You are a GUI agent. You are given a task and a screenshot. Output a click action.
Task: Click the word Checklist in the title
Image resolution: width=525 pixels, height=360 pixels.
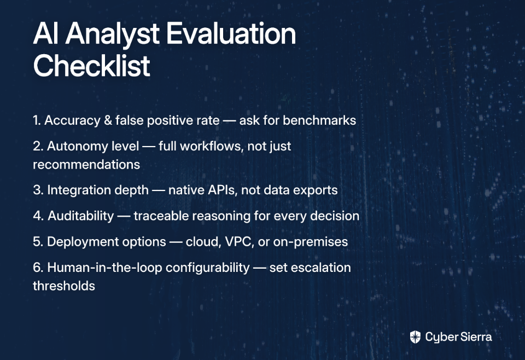(92, 65)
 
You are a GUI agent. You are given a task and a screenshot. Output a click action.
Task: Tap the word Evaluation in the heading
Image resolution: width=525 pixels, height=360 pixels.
(231, 33)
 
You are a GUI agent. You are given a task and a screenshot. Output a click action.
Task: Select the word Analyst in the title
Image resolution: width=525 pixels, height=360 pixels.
(113, 34)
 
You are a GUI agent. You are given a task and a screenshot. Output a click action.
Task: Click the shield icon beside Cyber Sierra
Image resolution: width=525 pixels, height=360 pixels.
(415, 337)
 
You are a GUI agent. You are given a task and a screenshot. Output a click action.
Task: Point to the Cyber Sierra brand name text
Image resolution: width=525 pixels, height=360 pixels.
(458, 337)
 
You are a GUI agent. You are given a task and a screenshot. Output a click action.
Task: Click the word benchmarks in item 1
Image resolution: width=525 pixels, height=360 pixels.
(319, 120)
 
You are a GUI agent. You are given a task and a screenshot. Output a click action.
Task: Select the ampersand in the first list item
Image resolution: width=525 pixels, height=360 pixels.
(108, 120)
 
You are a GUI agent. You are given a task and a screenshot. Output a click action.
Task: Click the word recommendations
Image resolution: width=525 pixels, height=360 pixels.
(86, 165)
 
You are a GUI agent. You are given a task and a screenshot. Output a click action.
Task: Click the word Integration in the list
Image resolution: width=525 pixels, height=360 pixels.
(98, 190)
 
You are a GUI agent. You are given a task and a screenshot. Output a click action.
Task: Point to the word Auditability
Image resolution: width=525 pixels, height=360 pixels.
(81, 216)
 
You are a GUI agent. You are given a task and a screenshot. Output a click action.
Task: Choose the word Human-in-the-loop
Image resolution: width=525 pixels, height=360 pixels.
(104, 268)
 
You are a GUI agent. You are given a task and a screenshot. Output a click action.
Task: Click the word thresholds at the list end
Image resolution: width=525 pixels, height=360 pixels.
(64, 286)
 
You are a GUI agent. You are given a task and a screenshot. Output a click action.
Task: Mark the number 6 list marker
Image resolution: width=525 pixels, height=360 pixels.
(38, 268)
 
